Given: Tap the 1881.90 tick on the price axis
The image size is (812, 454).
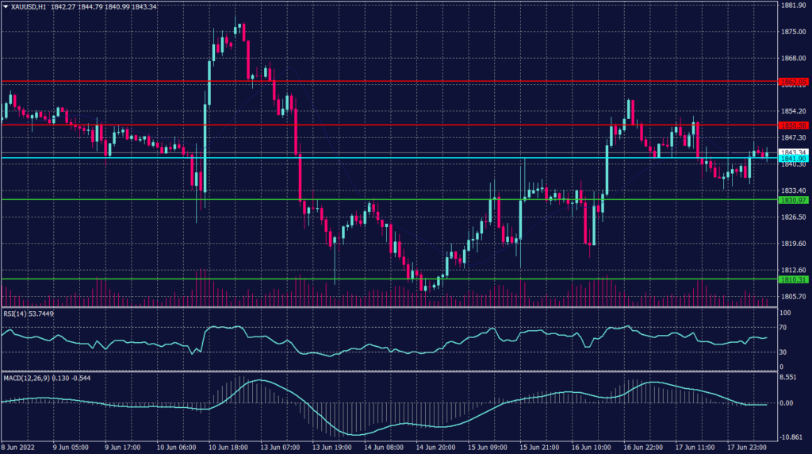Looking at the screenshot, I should (x=793, y=6).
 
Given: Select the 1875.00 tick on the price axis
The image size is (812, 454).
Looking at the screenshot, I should (x=793, y=32).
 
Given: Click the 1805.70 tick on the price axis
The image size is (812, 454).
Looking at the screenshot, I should (x=793, y=296).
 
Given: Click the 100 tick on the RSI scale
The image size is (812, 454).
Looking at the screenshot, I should (x=783, y=314).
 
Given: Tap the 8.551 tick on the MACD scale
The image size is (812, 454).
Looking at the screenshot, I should (x=787, y=377).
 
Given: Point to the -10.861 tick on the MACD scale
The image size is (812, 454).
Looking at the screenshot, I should (x=790, y=437).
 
